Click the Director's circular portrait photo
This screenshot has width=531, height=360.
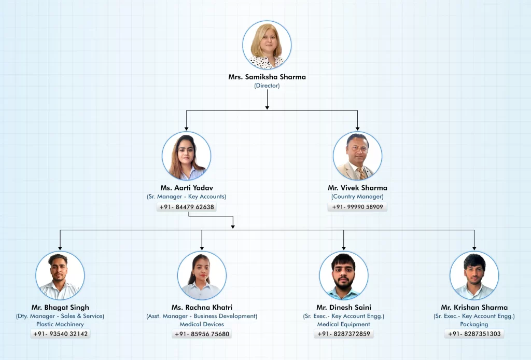(x=267, y=45)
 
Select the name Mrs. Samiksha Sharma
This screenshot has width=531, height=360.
(x=267, y=77)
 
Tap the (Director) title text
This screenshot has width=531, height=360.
(x=267, y=86)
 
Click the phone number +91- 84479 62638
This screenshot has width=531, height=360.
(x=187, y=207)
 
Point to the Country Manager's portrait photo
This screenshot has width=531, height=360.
(x=358, y=156)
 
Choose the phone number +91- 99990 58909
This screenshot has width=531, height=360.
(x=358, y=207)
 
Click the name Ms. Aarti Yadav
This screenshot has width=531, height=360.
(x=187, y=188)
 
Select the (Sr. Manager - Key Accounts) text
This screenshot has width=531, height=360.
(x=187, y=197)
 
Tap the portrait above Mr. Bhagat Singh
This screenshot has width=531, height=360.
(x=60, y=275)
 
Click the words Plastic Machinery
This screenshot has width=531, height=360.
(x=60, y=324)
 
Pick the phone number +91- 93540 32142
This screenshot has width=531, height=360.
(x=60, y=334)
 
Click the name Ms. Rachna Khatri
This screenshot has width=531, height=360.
(x=202, y=308)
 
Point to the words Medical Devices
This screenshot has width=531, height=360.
(x=202, y=324)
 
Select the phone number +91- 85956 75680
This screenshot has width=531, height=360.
(x=202, y=334)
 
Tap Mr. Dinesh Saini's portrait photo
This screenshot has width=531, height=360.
(x=344, y=275)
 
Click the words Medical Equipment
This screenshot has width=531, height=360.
(x=344, y=324)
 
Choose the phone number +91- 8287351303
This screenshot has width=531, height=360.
(x=474, y=334)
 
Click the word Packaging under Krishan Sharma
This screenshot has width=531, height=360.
(x=474, y=324)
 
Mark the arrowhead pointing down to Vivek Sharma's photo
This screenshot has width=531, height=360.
(x=358, y=128)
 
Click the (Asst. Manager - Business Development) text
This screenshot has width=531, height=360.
(x=202, y=316)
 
